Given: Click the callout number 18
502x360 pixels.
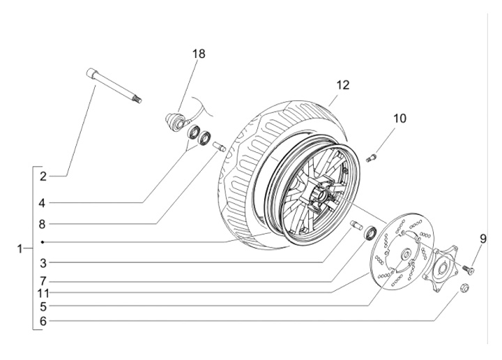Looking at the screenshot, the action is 199,54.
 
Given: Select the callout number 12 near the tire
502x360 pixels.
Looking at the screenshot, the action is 342,85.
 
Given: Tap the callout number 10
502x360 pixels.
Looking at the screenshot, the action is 400,119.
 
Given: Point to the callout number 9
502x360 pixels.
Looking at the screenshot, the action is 482,239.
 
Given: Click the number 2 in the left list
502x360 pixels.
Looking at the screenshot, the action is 43,177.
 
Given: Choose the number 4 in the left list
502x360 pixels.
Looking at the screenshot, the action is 43,203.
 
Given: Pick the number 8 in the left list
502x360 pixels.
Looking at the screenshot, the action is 43,225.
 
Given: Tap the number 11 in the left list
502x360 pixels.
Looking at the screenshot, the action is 43,293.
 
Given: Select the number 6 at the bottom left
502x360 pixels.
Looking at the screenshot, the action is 43,321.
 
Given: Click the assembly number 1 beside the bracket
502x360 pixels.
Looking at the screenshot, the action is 20,248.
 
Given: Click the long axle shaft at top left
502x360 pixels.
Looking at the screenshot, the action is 114,86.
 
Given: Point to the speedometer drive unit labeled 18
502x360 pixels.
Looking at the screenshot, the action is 176,121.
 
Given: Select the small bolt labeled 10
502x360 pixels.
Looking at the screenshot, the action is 372,158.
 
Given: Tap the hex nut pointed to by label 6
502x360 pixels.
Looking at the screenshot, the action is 464,287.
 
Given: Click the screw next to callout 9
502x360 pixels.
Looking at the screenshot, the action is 468,269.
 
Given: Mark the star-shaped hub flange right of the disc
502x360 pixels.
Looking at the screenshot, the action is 441,268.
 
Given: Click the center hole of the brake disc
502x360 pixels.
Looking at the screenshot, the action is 406,255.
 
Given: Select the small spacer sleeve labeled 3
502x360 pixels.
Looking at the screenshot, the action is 356,225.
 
